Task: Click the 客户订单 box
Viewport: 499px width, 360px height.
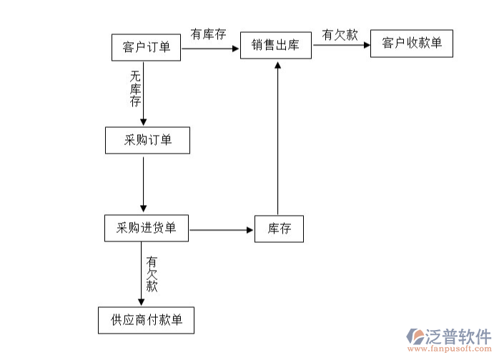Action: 146,47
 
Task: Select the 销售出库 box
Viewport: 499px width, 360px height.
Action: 275,46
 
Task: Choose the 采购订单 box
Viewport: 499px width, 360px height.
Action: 148,140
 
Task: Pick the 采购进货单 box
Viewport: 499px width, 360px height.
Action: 147,229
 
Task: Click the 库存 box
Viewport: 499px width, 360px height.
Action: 279,229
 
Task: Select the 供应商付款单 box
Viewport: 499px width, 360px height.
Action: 147,319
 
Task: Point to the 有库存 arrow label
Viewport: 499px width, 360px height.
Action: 207,34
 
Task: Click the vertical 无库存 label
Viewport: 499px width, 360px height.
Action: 135,88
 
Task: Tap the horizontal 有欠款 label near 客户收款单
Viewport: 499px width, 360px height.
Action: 340,34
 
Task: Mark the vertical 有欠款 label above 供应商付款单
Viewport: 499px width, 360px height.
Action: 152,274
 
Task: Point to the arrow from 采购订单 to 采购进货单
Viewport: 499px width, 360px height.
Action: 144,184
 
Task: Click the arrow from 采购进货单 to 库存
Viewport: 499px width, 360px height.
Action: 222,230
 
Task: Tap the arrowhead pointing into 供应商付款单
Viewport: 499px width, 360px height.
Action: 142,301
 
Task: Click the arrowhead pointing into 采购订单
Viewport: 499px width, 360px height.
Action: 144,123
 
